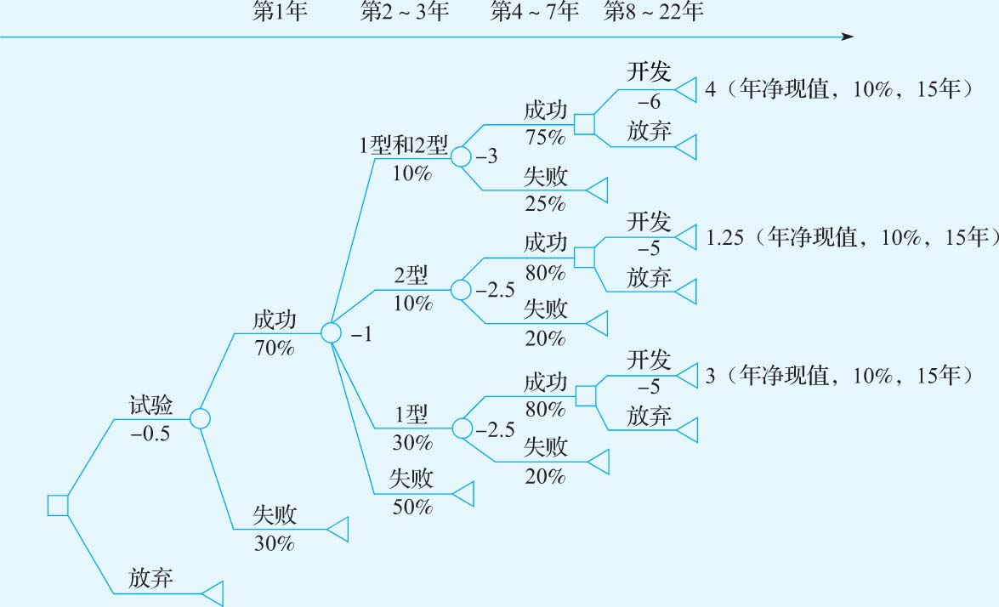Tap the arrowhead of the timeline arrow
point(847,37)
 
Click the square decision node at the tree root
point(57,505)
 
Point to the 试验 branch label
point(151,405)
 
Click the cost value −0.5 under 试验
point(150,433)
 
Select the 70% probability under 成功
point(274,347)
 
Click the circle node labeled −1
point(331,332)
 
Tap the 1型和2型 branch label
point(403,145)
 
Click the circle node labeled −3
point(460,156)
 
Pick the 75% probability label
point(545,137)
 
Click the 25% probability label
point(545,203)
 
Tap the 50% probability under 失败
point(412,508)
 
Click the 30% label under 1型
point(412,443)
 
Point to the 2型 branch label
point(412,275)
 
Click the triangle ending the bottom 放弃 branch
point(213,593)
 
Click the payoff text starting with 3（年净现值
point(838,374)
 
